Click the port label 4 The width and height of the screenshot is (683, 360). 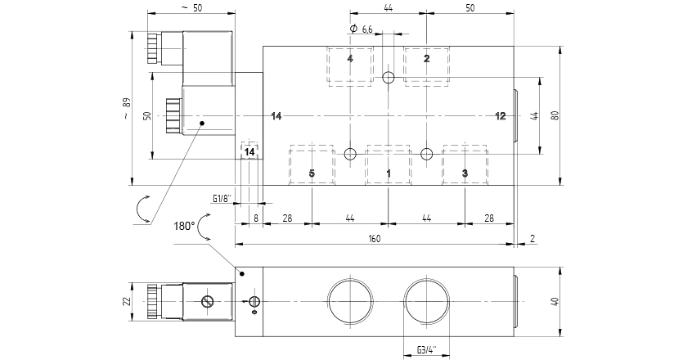(350, 59)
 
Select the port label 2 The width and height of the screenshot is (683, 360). (426, 59)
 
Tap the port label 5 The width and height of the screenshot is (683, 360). (312, 173)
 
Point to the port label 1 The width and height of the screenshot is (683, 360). (389, 173)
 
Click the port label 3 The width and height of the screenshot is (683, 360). (465, 173)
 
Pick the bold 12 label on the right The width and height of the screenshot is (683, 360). (501, 116)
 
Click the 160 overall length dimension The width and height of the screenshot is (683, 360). (374, 239)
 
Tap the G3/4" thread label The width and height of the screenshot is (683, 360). (426, 350)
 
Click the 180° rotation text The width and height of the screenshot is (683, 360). (185, 225)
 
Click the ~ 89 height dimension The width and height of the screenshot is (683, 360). (126, 109)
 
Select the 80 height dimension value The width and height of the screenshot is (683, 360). (555, 115)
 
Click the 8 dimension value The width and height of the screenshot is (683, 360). (255, 218)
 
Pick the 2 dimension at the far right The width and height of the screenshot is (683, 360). (532, 239)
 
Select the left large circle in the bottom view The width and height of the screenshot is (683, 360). (350, 302)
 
